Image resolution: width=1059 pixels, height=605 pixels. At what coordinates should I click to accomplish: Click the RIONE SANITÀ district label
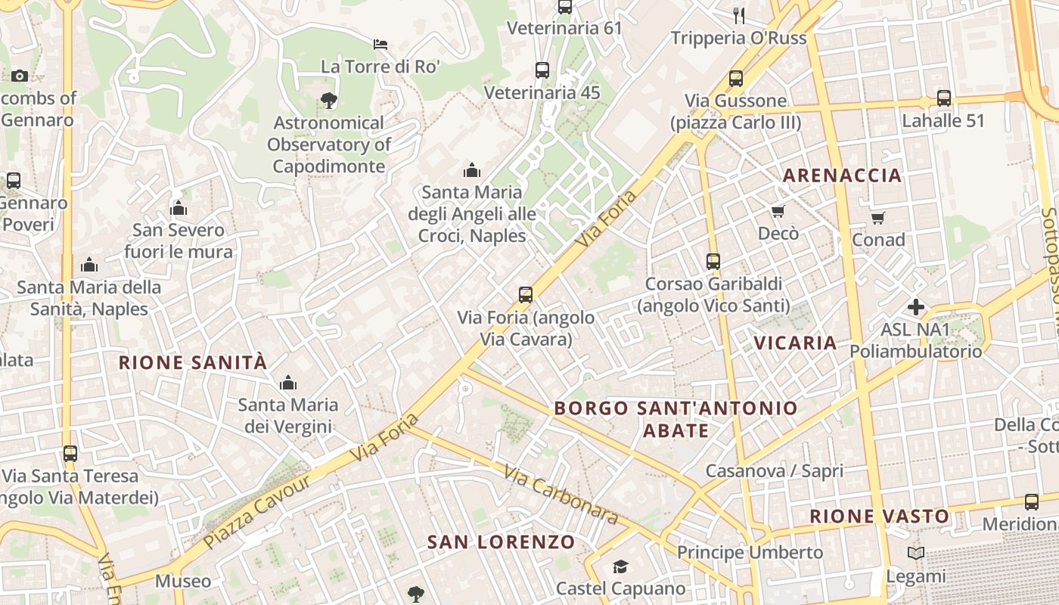(193, 362)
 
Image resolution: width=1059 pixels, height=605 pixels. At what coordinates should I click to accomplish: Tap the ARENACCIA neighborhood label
(842, 175)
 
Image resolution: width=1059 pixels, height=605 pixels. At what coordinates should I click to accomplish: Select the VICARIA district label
(795, 343)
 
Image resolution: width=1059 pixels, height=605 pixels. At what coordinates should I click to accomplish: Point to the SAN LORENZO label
(501, 541)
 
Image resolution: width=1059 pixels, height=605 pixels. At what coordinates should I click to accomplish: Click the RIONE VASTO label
(879, 517)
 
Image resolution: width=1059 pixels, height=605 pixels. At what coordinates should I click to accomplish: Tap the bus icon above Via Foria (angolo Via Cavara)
(526, 295)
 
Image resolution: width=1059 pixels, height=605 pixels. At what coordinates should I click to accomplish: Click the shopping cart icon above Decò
(778, 211)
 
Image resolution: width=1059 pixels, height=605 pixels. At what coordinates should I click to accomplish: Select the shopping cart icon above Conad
(877, 218)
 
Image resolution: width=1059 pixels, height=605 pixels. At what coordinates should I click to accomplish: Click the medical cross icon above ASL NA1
(915, 307)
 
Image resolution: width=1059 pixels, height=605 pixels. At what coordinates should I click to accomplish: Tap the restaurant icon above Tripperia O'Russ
(739, 15)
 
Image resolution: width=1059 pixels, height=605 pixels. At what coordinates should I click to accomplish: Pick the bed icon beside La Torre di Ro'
(380, 45)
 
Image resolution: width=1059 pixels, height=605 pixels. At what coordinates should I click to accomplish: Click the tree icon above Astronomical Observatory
(328, 100)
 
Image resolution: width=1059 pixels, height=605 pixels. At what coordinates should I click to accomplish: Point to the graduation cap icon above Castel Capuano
(620, 566)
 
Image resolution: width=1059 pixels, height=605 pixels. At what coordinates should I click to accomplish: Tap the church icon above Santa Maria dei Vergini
(287, 383)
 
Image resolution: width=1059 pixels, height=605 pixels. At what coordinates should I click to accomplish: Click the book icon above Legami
(916, 554)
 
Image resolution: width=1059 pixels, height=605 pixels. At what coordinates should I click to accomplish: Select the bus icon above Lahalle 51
(943, 98)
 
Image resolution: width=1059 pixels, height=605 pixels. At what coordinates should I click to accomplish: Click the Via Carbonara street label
(561, 495)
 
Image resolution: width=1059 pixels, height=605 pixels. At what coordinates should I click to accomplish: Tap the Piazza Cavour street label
(256, 511)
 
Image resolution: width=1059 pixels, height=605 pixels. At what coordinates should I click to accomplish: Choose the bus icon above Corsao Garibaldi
(713, 262)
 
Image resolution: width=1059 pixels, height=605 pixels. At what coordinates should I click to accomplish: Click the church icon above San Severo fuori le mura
(179, 208)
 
